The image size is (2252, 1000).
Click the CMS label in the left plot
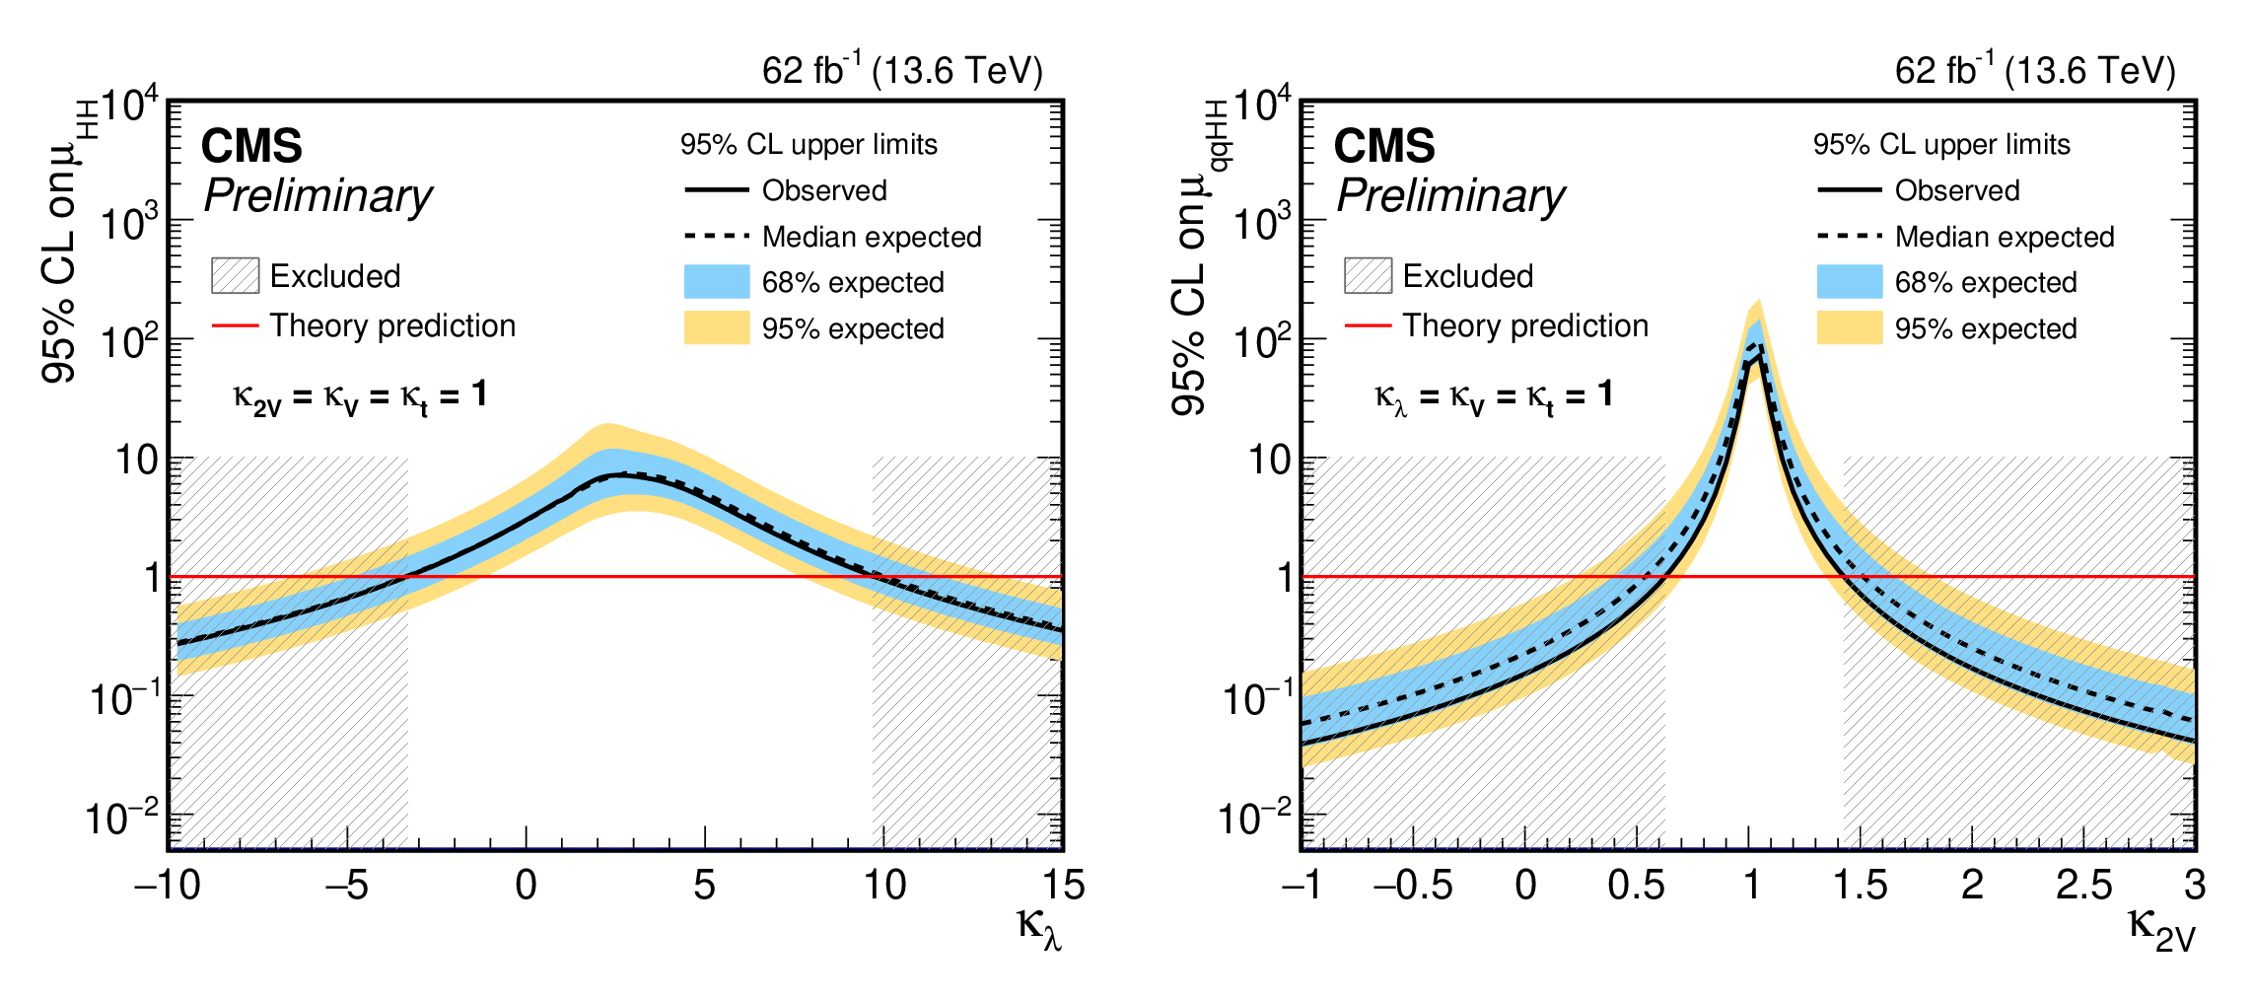click(x=251, y=147)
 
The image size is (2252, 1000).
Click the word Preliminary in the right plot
click(x=1450, y=196)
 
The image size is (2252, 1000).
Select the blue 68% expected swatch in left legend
click(x=717, y=282)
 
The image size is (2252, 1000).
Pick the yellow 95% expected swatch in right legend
click(x=1849, y=328)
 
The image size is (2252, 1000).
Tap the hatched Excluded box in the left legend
click(x=236, y=276)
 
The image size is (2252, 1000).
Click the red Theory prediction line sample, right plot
click(x=1368, y=324)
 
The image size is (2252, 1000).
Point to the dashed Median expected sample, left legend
click(x=717, y=237)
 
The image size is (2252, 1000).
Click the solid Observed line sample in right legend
click(x=1849, y=189)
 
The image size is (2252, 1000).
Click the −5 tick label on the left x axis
click(x=347, y=886)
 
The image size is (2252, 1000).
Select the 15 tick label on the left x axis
click(x=1063, y=886)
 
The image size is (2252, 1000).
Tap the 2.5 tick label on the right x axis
click(x=2083, y=886)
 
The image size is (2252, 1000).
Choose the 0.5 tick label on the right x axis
click(x=1636, y=886)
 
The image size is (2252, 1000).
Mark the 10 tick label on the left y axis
click(x=136, y=461)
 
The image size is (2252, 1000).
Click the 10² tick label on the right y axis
click(x=1262, y=341)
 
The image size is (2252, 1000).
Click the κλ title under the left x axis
click(x=1039, y=928)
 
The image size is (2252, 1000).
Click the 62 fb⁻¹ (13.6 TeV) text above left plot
click(x=902, y=71)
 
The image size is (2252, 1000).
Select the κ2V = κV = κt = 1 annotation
click(x=360, y=397)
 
